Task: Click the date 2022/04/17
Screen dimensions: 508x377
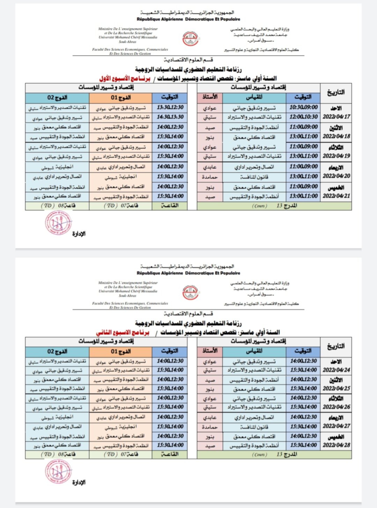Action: [x=336, y=117]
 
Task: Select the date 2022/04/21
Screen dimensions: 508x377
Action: [x=336, y=196]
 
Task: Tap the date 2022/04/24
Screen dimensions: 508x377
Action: [x=336, y=370]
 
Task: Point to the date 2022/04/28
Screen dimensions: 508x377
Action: [x=336, y=445]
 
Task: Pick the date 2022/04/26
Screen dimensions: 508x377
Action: [x=336, y=407]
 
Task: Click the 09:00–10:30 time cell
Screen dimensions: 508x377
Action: [x=303, y=107]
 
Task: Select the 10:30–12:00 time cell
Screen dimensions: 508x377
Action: [x=303, y=117]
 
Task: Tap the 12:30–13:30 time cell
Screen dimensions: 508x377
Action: [x=170, y=107]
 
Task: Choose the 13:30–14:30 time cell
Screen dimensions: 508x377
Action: [x=170, y=117]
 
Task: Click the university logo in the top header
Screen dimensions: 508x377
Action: [x=190, y=38]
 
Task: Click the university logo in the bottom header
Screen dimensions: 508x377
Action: [x=190, y=292]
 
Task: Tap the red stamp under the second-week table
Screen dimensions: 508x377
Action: [x=58, y=471]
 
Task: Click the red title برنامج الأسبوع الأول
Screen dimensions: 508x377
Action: [x=125, y=79]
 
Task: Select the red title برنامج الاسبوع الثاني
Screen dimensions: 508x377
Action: [x=123, y=333]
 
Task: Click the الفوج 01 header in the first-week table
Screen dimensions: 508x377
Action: [x=121, y=97]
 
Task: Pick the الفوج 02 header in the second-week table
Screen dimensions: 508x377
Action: [x=57, y=351]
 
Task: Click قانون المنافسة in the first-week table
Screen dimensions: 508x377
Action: [x=254, y=177]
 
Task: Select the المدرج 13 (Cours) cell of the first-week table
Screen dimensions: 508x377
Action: [x=274, y=206]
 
